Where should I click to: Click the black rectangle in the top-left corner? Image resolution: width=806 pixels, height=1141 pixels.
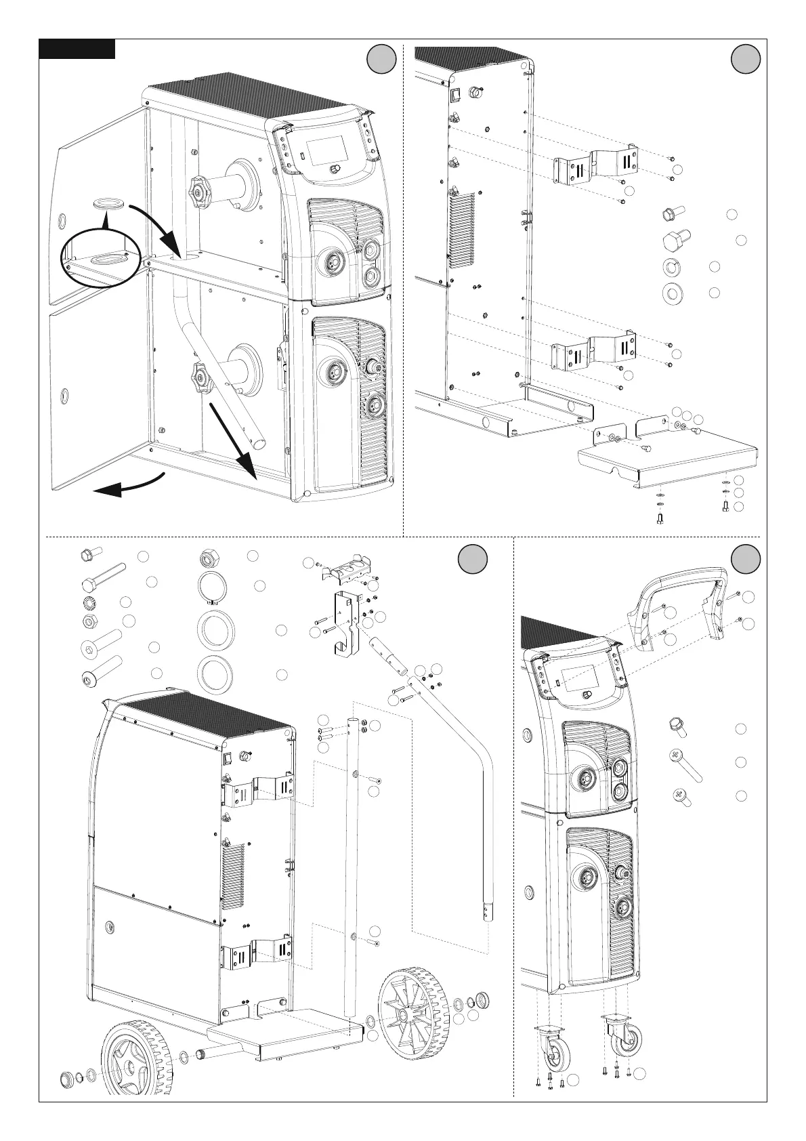[77, 49]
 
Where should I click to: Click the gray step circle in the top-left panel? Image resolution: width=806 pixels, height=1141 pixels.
[381, 59]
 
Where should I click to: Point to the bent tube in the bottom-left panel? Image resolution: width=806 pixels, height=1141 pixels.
[467, 779]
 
